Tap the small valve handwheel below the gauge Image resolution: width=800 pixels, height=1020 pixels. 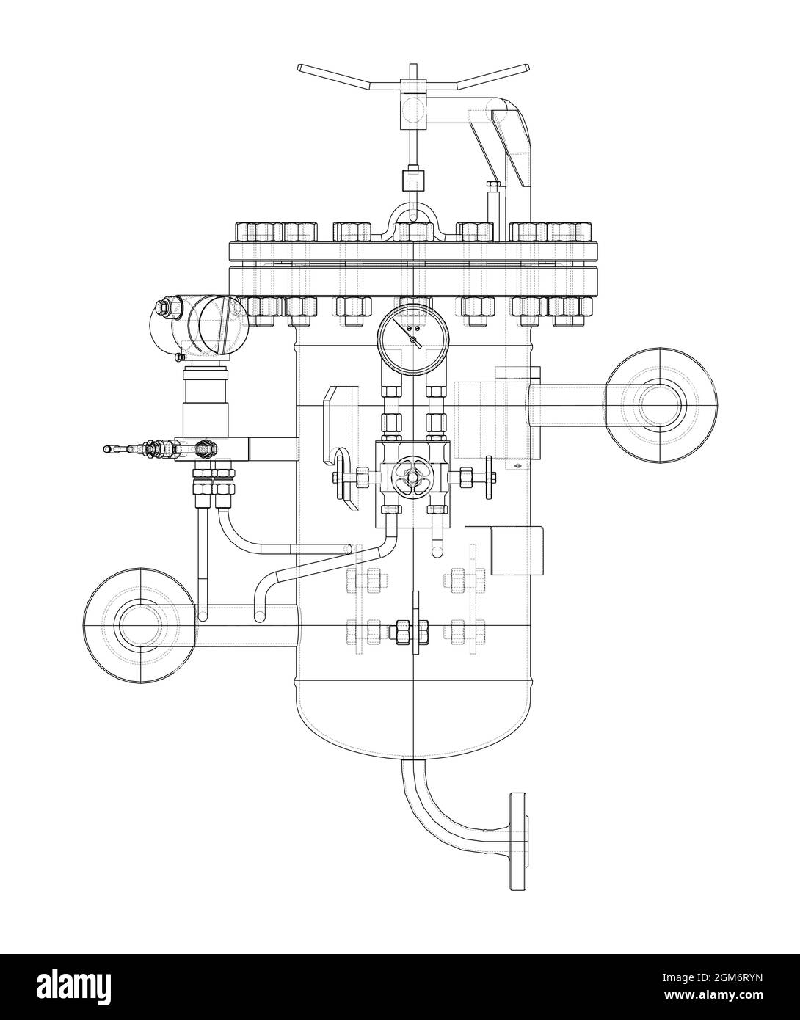click(411, 478)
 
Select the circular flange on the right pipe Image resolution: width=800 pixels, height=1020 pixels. click(661, 406)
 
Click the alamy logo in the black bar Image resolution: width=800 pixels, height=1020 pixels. click(75, 970)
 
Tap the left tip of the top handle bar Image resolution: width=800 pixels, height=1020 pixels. click(299, 69)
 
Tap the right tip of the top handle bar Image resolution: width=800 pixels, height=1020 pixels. click(528, 67)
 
